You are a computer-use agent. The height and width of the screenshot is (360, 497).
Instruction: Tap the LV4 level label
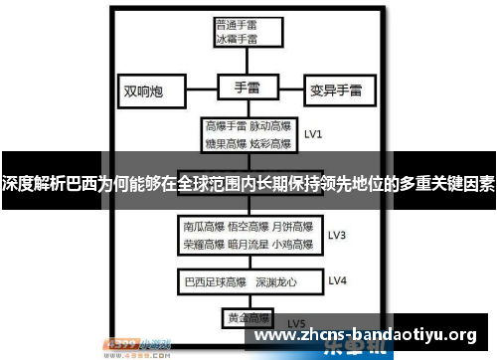coord(337,280)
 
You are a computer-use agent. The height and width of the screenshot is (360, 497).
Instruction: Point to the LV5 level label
coord(296,323)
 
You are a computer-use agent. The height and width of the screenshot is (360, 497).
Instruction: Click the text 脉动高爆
coord(270,126)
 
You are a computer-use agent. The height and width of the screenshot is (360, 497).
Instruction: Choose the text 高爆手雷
coord(225,126)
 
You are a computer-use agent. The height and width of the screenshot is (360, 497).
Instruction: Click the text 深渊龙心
coord(275,280)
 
